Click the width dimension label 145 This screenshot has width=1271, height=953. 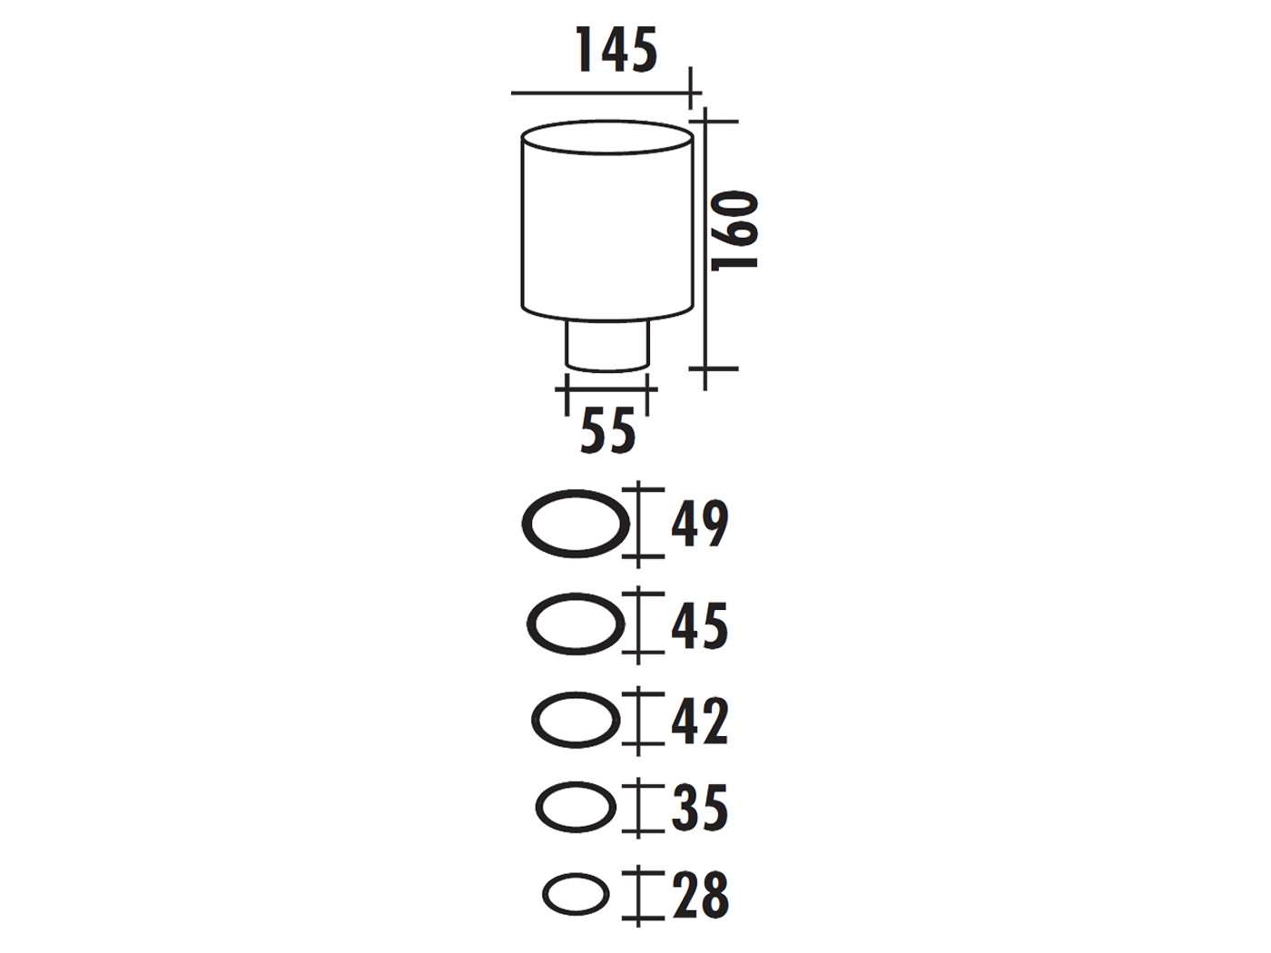(x=616, y=51)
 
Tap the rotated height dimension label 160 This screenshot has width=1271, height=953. (x=734, y=231)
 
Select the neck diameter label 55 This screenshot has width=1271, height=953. (x=608, y=431)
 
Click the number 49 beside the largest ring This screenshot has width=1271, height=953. (x=699, y=525)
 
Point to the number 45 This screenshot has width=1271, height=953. (x=699, y=626)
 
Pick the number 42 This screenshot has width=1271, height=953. (x=699, y=721)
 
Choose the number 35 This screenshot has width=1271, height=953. (x=699, y=808)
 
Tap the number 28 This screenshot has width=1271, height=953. (x=699, y=895)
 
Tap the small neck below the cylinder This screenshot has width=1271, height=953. (x=608, y=345)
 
